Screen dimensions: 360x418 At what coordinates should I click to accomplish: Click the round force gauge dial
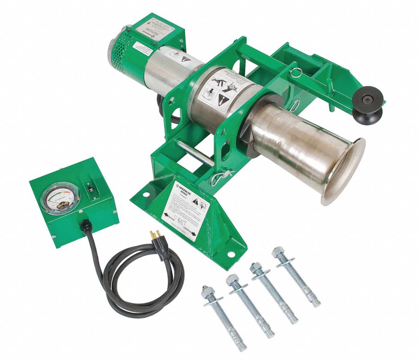63,198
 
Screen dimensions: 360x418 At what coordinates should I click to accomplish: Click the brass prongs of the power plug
154,236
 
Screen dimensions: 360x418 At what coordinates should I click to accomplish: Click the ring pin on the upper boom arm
295,72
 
